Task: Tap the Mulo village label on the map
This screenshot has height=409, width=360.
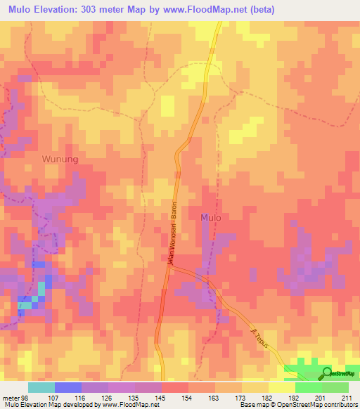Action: pos(211,218)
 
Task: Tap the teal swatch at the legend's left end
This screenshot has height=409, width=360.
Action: pos(41,387)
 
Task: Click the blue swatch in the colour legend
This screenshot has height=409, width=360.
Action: pos(67,387)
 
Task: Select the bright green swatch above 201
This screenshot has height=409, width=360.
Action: pos(308,387)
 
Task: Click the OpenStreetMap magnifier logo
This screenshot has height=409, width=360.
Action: pos(326,372)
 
